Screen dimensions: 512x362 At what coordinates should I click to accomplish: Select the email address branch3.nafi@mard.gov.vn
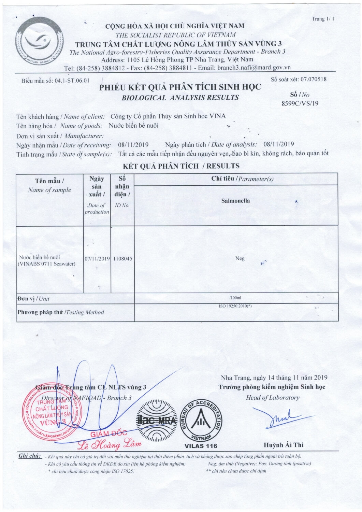254,68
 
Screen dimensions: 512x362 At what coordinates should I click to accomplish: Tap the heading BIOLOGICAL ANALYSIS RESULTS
180,98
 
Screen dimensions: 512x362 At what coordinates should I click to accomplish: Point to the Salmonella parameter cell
235,201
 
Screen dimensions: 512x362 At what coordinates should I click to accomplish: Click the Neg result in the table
240,259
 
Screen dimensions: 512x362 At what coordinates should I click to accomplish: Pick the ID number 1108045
123,259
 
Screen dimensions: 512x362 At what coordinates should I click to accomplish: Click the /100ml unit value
235,298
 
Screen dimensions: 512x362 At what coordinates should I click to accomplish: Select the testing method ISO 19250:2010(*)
235,306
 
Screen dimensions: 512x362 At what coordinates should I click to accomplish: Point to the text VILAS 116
201,446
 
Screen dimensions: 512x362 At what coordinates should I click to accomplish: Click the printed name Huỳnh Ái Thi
283,445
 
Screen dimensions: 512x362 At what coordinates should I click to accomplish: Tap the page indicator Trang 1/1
323,19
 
